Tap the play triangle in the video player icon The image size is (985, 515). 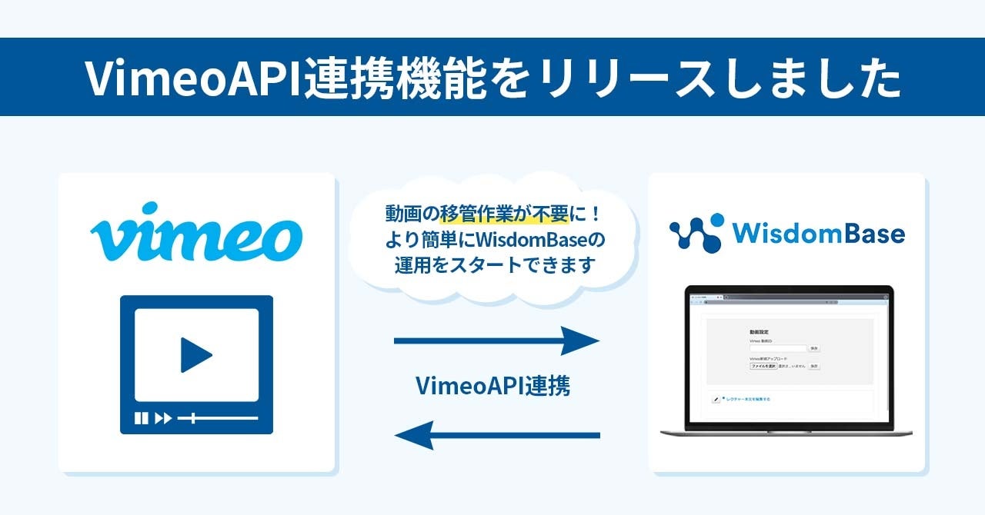coord(195,354)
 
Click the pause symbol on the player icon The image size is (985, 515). coord(141,418)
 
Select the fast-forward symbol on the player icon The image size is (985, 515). coord(162,418)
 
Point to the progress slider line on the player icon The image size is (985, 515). coord(223,418)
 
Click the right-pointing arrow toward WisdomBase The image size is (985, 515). coord(496,341)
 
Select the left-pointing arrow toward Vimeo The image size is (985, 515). coord(496,435)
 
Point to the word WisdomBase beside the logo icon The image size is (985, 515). coord(817,233)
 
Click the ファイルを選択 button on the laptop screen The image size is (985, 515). coord(763,366)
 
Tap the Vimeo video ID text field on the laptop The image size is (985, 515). coord(777,348)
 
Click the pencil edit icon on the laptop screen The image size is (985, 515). coord(716,400)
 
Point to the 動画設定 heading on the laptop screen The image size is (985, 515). coord(758,331)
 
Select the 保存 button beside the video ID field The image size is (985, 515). coord(813,348)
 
